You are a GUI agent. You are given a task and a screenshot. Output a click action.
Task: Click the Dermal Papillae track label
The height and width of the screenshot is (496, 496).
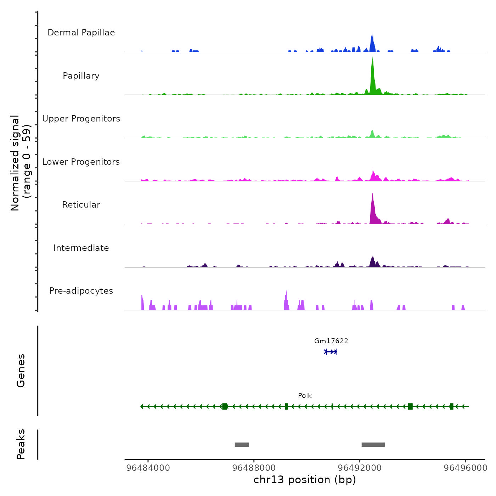click(81, 33)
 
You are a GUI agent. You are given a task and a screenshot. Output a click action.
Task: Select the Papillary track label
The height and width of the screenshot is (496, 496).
click(81, 76)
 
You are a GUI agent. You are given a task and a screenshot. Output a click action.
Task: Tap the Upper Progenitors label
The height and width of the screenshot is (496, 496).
click(81, 119)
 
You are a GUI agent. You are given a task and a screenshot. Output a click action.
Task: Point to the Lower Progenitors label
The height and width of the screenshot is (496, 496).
click(81, 162)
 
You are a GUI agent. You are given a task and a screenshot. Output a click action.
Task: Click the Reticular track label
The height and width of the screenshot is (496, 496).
click(81, 205)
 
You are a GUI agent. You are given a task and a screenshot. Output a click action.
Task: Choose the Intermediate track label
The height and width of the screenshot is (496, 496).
click(81, 248)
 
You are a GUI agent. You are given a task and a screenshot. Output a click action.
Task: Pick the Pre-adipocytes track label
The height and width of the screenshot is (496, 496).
click(81, 291)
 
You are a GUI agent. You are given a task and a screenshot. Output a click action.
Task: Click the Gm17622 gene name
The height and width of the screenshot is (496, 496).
click(331, 341)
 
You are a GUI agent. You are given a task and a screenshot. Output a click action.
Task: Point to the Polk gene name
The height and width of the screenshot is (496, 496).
click(305, 396)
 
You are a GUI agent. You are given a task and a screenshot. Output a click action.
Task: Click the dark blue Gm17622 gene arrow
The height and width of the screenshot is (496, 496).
click(331, 352)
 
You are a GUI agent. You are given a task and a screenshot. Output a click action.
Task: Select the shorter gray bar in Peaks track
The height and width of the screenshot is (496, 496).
click(242, 445)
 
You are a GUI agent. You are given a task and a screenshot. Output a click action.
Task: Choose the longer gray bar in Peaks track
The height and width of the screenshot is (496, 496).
click(373, 445)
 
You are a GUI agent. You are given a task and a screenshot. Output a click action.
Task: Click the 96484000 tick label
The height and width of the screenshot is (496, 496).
click(148, 468)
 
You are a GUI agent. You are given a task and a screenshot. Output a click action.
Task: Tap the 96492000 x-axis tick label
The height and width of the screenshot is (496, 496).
click(360, 468)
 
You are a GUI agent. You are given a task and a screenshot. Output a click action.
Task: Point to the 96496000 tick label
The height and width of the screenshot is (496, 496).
click(466, 468)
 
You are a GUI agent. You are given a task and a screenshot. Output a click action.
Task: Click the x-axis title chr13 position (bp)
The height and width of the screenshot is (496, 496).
click(305, 480)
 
